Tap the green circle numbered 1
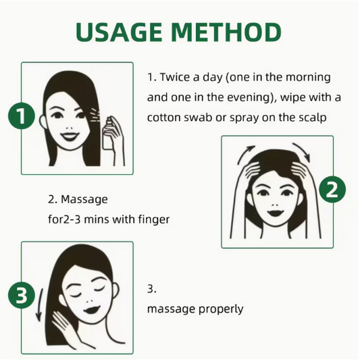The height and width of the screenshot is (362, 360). tap(22, 115)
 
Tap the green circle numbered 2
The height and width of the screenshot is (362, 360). tap(332, 190)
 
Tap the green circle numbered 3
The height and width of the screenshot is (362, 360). tap(22, 295)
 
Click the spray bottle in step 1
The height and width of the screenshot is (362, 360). tap(108, 134)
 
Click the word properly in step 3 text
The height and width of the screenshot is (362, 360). tap(221, 309)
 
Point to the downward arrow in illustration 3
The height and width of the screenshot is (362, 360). tap(39, 305)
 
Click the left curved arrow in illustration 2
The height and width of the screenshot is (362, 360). tap(245, 154)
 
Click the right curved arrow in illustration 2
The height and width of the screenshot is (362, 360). tap(302, 152)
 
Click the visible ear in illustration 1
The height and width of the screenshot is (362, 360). tap(43, 122)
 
